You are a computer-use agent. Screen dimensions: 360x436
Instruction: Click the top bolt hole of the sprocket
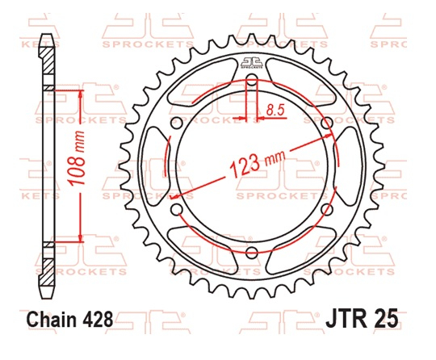tap(251, 80)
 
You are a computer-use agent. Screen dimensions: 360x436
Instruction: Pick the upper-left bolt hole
tap(177, 123)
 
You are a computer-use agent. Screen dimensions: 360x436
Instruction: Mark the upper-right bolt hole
tap(325, 123)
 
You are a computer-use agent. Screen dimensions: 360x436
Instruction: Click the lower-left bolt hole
tap(177, 209)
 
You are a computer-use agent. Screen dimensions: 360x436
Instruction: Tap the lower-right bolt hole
tap(325, 209)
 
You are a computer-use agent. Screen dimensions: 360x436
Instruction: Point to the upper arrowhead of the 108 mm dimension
tap(81, 94)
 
